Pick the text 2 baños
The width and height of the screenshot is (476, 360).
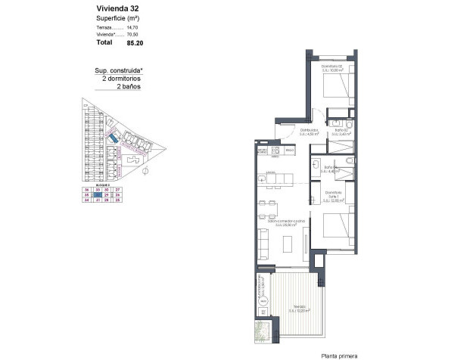(129, 87)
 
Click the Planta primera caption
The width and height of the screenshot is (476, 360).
(339, 355)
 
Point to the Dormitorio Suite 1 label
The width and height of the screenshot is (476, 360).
(334, 195)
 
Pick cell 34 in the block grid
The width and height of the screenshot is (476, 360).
(87, 200)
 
